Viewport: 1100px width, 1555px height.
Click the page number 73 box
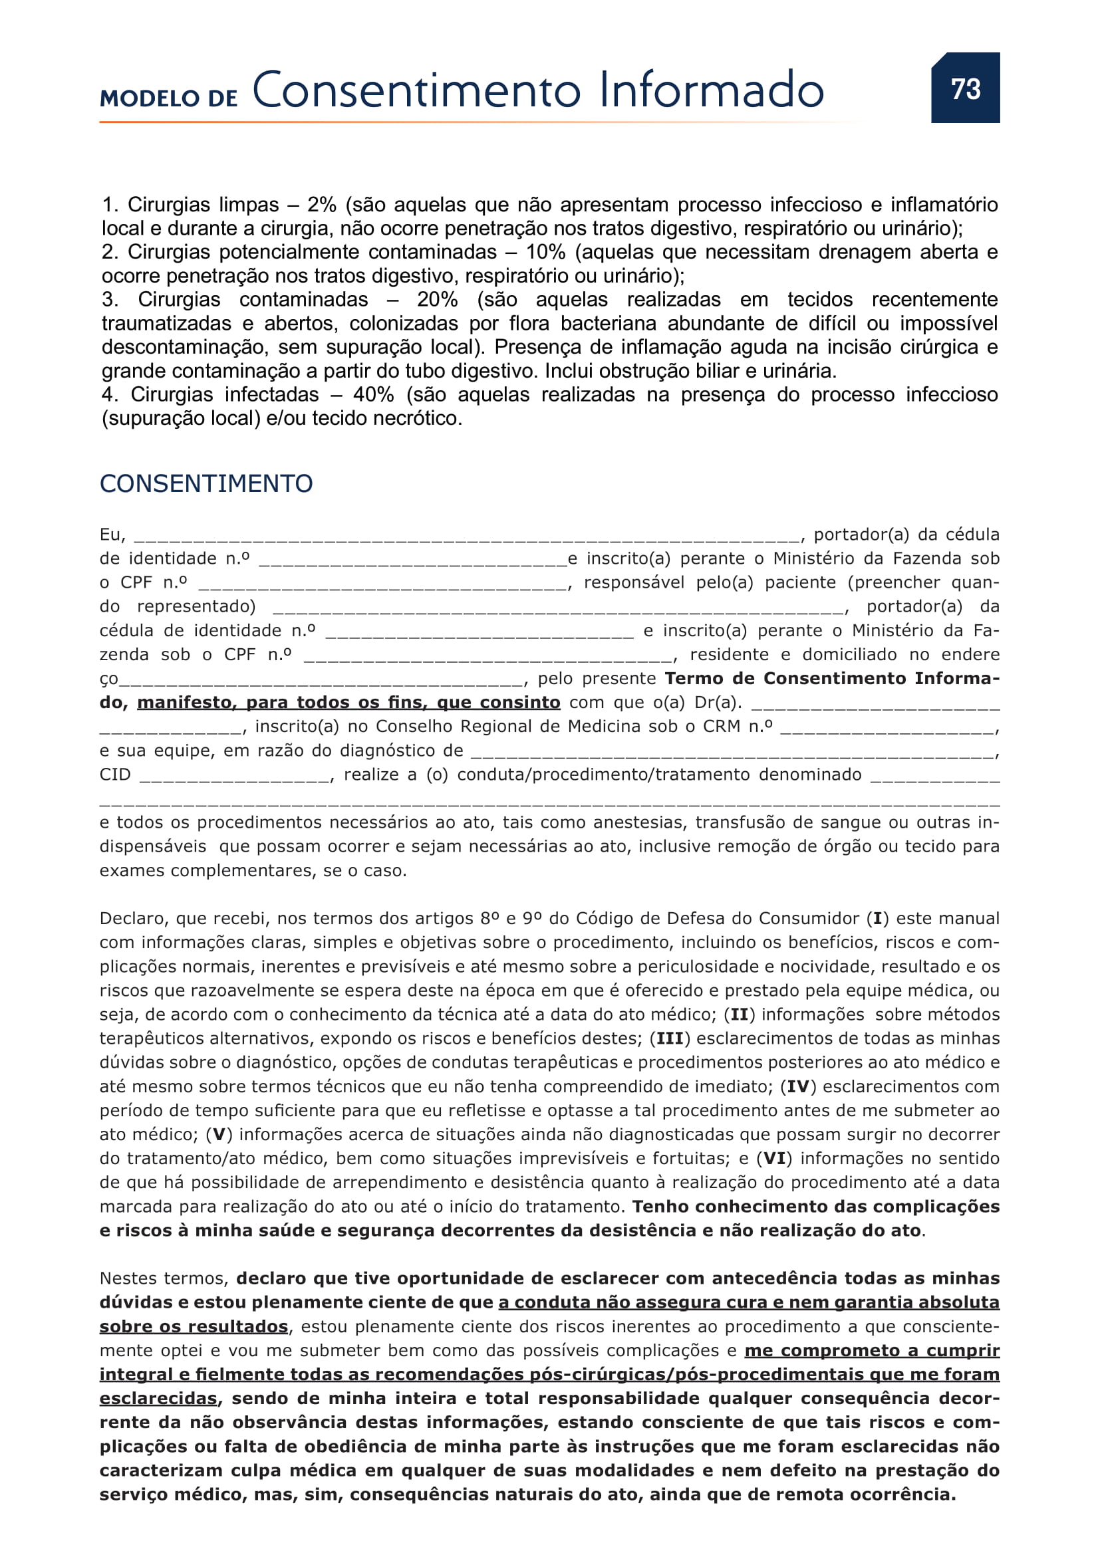964,88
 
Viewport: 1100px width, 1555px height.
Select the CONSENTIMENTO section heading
206,483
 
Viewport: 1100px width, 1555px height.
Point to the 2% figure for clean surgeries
322,205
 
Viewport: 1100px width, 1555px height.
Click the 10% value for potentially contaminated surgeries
545,252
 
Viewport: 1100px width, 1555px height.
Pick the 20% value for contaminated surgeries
437,299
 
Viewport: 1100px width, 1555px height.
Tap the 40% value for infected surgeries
373,394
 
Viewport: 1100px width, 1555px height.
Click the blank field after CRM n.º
887,728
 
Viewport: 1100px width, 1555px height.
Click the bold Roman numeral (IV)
798,1087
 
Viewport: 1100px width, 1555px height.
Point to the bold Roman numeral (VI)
774,1159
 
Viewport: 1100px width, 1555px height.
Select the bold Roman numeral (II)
740,1015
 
